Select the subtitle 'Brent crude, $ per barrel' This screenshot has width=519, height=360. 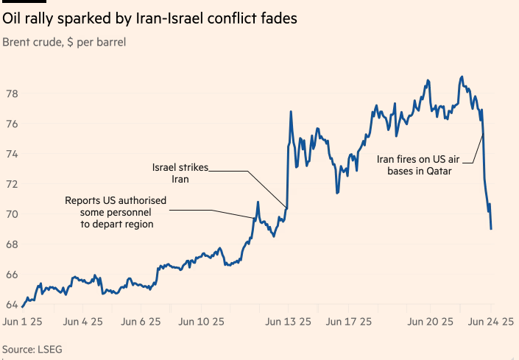pos(64,43)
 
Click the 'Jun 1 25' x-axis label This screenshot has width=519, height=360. pos(23,322)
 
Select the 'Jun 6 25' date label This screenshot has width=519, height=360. pos(141,322)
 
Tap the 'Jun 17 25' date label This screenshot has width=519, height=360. pos(349,322)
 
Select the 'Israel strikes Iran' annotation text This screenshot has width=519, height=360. pos(180,173)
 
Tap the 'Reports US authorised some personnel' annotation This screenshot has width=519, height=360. pos(116,212)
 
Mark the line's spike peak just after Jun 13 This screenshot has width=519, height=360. pos(292,112)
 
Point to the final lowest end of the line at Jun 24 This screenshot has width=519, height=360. pos(491,229)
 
